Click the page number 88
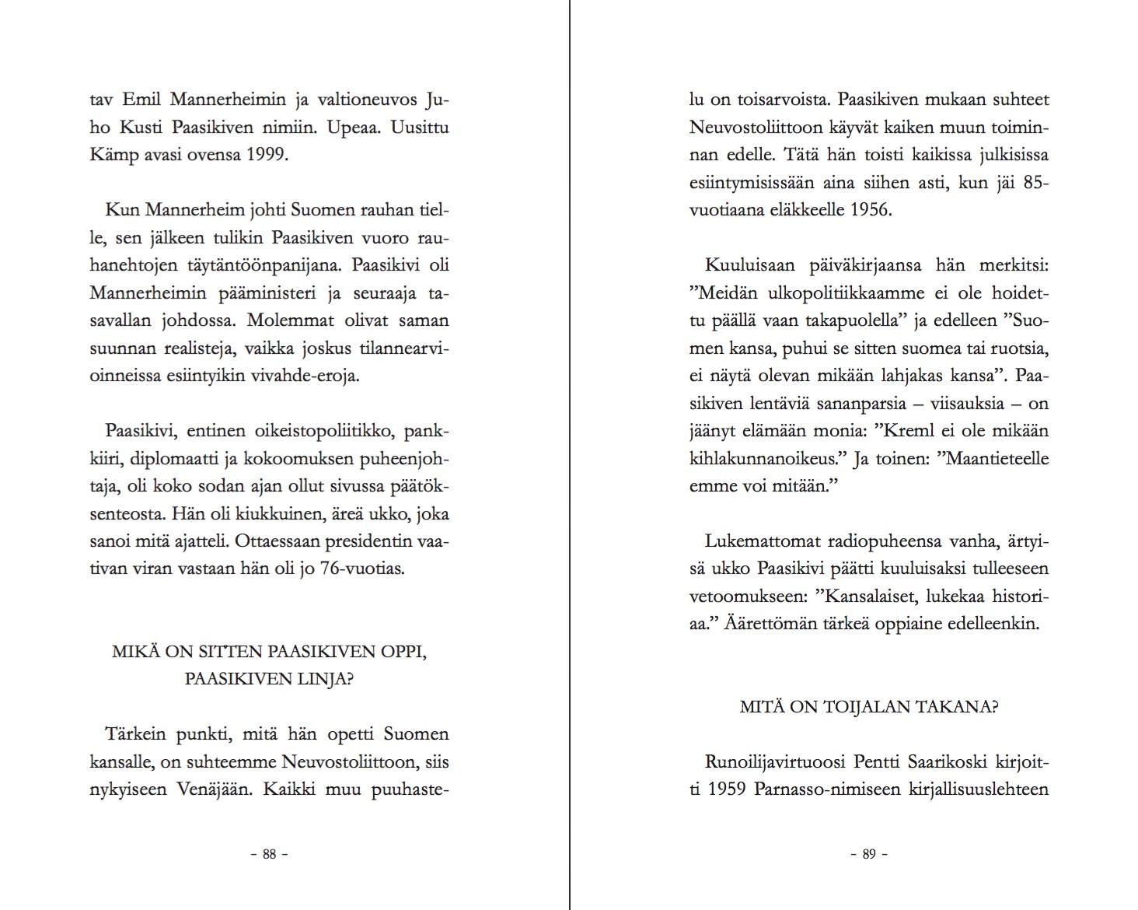click(269, 854)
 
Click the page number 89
click(869, 854)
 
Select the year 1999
click(266, 154)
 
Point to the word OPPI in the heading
click(403, 652)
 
